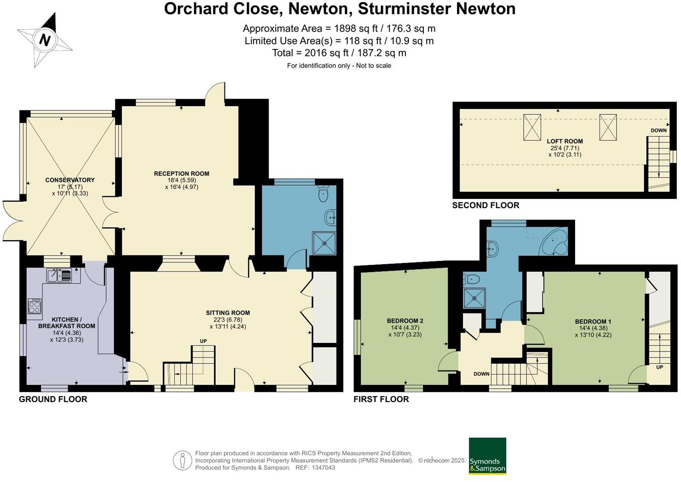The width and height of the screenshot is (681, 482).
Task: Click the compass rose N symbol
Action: click(x=45, y=40)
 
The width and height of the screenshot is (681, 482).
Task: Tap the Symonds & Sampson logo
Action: click(x=487, y=456)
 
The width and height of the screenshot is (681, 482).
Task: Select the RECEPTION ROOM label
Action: click(x=181, y=174)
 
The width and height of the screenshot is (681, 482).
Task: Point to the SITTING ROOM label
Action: click(x=228, y=313)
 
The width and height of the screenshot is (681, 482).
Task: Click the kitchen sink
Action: click(x=59, y=276)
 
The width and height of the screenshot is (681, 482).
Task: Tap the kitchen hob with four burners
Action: click(x=35, y=306)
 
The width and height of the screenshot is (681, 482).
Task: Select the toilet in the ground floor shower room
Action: click(x=324, y=193)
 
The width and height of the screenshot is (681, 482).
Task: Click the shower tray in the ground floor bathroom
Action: click(x=324, y=243)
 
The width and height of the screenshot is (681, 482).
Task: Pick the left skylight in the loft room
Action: click(x=532, y=127)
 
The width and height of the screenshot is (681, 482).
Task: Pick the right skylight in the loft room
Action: click(x=607, y=127)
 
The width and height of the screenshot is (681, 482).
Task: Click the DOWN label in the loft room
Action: click(x=658, y=130)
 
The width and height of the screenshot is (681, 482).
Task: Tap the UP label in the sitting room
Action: click(x=203, y=341)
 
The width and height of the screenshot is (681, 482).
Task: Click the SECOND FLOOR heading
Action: click(x=485, y=205)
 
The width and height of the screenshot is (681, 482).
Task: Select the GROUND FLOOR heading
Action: click(x=53, y=399)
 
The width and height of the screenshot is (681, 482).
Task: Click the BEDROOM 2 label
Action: click(x=405, y=321)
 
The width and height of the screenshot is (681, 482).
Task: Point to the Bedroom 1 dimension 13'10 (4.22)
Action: click(x=593, y=335)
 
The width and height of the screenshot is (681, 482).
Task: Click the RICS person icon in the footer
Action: click(x=183, y=460)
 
